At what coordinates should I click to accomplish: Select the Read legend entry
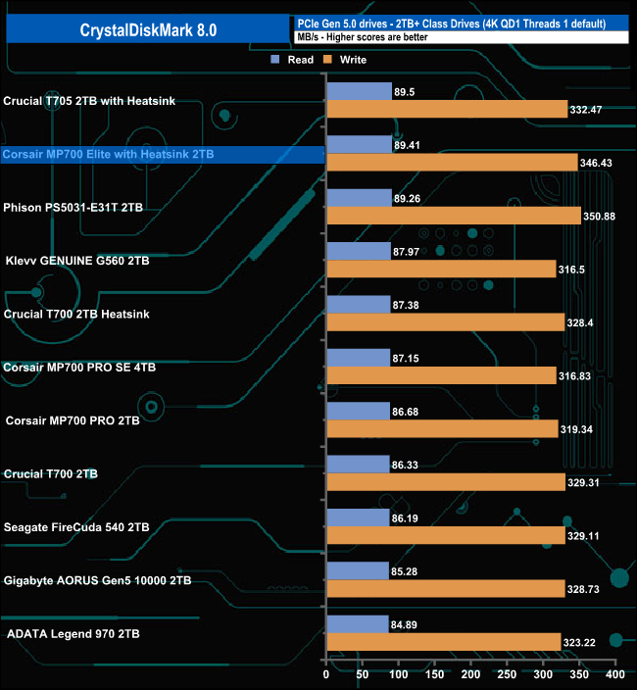(x=293, y=60)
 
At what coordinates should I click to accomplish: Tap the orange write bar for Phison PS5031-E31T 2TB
(x=454, y=216)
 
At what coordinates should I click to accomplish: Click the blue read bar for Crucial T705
(x=358, y=91)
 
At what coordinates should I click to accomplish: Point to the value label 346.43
(x=600, y=163)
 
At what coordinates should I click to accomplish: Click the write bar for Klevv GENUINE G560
(x=441, y=269)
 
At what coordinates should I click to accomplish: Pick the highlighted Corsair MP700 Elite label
(x=108, y=155)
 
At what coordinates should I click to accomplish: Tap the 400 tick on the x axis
(x=614, y=676)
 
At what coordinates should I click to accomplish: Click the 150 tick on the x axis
(x=434, y=676)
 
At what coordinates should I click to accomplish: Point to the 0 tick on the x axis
(x=326, y=676)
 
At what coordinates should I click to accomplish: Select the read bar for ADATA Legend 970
(x=357, y=623)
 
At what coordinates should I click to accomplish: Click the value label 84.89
(x=407, y=623)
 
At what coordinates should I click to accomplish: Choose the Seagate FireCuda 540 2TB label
(x=76, y=526)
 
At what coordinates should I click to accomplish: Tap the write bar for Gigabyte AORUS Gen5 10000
(x=445, y=588)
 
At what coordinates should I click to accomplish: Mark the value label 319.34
(x=579, y=428)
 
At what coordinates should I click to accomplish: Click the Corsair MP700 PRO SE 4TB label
(x=79, y=367)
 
